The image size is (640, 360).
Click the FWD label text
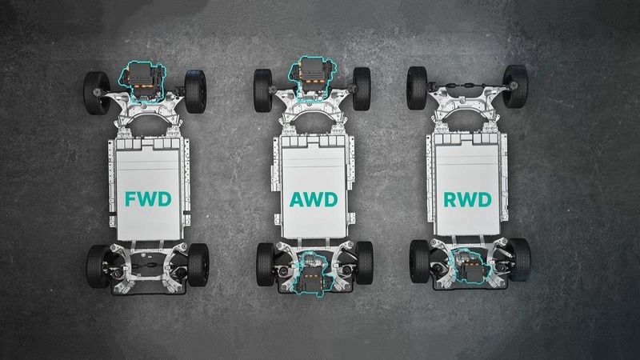148,199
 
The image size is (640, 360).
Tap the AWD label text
314,199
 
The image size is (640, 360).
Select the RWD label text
467,199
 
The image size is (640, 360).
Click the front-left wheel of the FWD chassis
97,93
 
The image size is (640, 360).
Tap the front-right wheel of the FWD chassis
195,91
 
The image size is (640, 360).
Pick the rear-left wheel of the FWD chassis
98,266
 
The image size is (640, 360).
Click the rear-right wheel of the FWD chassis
198,265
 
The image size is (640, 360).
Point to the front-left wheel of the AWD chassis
263,90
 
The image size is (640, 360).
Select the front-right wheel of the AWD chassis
362,89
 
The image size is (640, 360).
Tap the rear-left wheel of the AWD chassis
266,264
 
